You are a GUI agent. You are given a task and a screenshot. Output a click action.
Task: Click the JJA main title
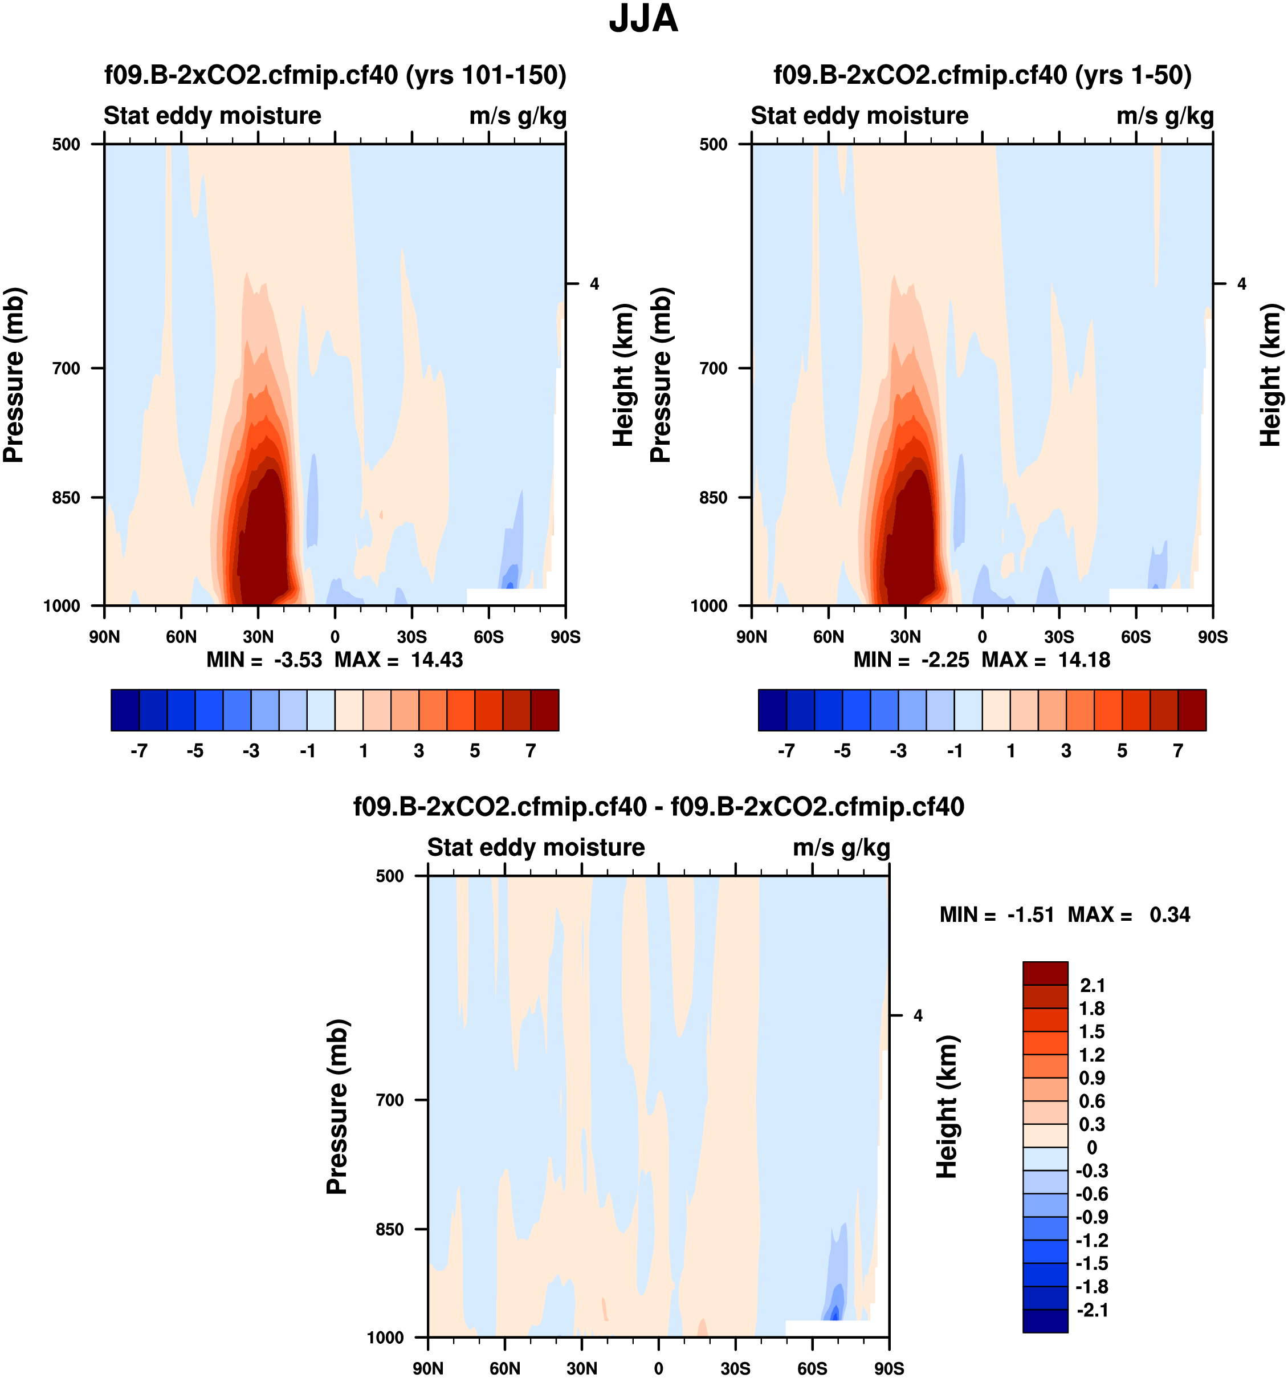point(643,19)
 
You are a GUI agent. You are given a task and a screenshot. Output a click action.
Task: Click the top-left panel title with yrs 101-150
point(335,75)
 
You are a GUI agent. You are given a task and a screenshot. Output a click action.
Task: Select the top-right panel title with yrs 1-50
point(982,75)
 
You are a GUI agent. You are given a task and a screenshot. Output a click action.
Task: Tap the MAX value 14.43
point(437,660)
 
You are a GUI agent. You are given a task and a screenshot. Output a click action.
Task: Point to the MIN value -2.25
point(945,660)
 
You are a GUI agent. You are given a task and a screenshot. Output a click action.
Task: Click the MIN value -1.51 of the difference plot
point(1030,915)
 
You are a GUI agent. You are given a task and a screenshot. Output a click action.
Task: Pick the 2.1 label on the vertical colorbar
point(1093,986)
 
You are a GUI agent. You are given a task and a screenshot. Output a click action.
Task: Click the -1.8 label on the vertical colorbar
point(1091,1287)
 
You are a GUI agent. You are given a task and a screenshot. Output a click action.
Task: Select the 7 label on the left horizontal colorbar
point(531,751)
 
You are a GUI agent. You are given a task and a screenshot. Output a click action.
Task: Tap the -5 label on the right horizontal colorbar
point(842,751)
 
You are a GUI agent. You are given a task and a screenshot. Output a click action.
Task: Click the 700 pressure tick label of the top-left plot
point(67,369)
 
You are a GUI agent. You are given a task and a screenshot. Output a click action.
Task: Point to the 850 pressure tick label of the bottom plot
point(389,1230)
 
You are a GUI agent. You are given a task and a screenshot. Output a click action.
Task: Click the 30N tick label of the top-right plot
point(905,637)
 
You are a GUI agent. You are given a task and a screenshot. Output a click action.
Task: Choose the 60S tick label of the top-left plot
point(488,637)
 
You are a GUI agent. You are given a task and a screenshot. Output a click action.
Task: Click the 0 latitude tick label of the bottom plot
point(658,1368)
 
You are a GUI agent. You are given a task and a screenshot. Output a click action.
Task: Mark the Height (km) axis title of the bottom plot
point(947,1107)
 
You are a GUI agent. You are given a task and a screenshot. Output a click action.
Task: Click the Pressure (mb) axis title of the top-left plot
point(14,375)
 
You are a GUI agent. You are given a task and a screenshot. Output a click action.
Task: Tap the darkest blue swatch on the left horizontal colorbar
point(125,710)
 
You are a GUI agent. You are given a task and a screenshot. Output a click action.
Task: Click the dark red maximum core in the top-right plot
point(912,540)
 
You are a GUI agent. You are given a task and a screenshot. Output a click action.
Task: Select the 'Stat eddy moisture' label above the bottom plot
point(536,848)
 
